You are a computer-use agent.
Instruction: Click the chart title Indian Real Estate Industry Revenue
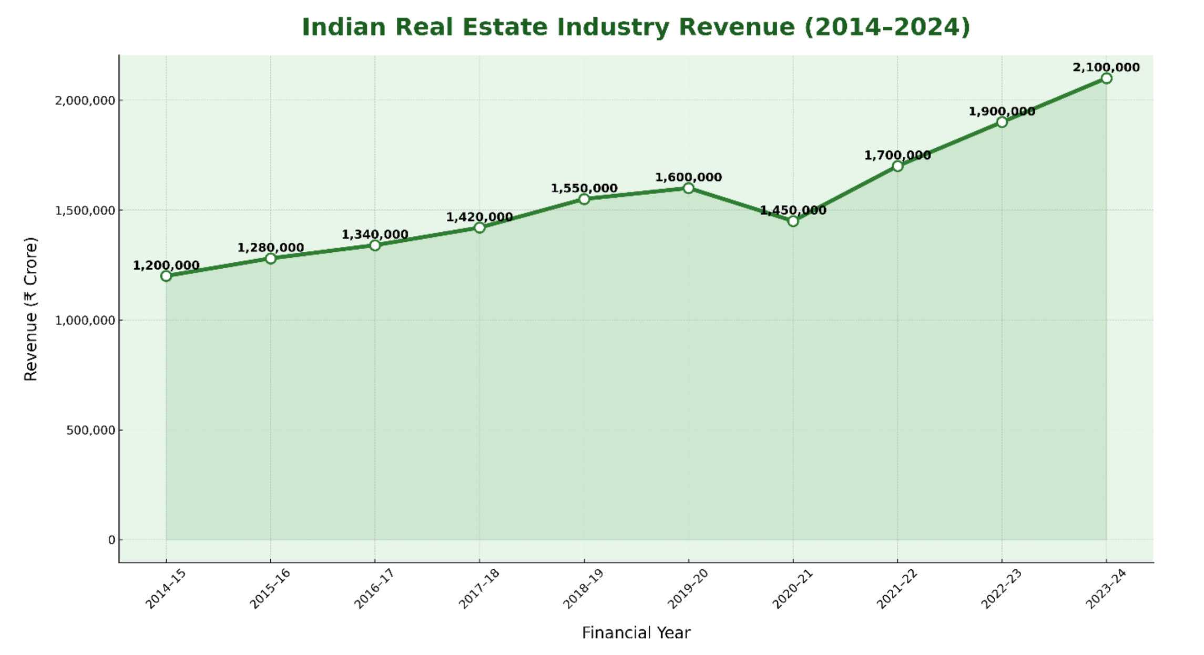pyautogui.click(x=636, y=27)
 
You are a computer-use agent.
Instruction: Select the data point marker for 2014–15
pyautogui.click(x=166, y=276)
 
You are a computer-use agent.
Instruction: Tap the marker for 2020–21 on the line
pyautogui.click(x=793, y=221)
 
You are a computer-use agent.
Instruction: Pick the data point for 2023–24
pyautogui.click(x=1106, y=78)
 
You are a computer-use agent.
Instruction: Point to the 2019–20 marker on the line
pyautogui.click(x=688, y=188)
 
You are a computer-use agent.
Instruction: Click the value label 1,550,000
pyautogui.click(x=584, y=188)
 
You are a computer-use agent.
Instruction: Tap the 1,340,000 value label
pyautogui.click(x=375, y=234)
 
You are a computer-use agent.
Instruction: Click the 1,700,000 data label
pyautogui.click(x=897, y=155)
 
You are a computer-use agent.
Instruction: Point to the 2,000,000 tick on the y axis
pyautogui.click(x=85, y=100)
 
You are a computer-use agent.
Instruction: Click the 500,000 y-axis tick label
pyautogui.click(x=91, y=430)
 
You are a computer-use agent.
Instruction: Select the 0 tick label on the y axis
pyautogui.click(x=111, y=540)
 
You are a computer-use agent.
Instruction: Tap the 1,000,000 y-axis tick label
pyautogui.click(x=85, y=320)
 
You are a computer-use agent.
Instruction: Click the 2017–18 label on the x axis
pyautogui.click(x=479, y=589)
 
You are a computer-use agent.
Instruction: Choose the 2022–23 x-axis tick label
pyautogui.click(x=1001, y=589)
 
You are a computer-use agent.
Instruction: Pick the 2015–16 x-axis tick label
pyautogui.click(x=270, y=589)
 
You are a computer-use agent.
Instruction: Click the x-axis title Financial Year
pyautogui.click(x=636, y=632)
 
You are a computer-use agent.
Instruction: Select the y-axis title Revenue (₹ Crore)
pyautogui.click(x=31, y=309)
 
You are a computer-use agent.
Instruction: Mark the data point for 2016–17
pyautogui.click(x=375, y=245)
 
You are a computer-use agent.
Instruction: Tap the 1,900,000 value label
pyautogui.click(x=1002, y=111)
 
